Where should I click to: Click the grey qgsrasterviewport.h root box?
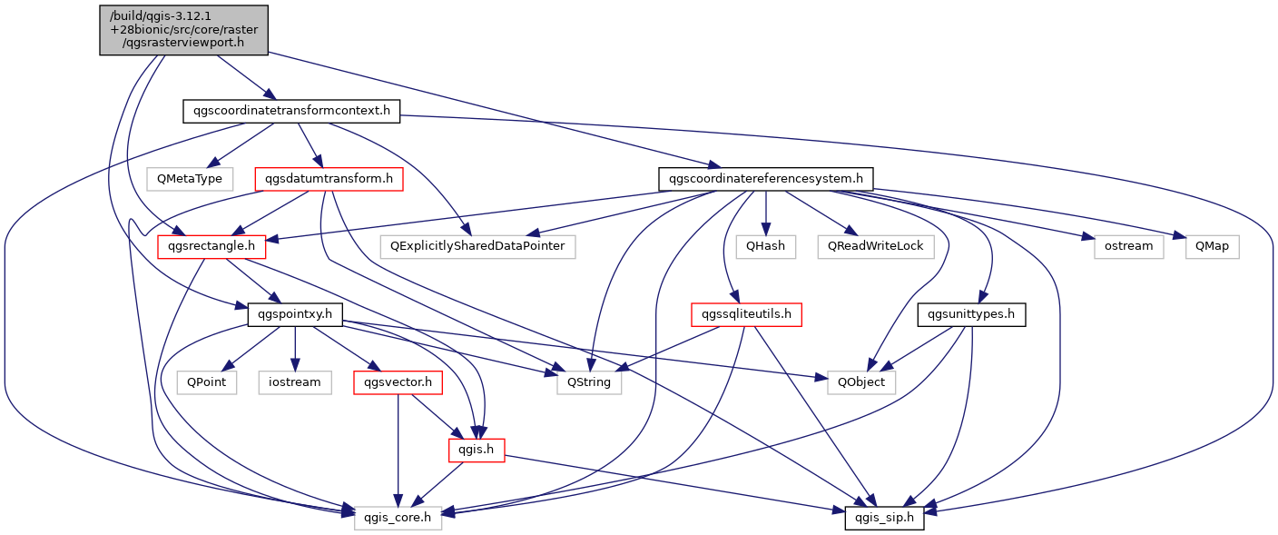[183, 30]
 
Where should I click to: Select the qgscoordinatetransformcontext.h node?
[291, 111]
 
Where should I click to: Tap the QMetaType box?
[190, 179]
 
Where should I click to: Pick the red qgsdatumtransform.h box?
[329, 179]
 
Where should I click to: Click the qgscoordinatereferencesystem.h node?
[766, 179]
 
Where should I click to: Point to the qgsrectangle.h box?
[211, 247]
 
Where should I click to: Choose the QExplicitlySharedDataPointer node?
[477, 247]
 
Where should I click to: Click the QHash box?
[766, 247]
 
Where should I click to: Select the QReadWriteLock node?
[876, 247]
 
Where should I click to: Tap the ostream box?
[1128, 247]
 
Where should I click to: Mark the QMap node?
[1212, 247]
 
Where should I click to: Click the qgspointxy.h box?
[295, 314]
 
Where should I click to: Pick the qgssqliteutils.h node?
[746, 314]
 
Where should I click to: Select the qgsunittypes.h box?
[971, 314]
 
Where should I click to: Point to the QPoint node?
[207, 382]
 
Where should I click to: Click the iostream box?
[295, 382]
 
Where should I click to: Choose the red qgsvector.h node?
[398, 382]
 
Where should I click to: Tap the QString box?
[589, 382]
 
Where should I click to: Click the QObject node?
[861, 382]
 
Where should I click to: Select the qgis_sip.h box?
[884, 518]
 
